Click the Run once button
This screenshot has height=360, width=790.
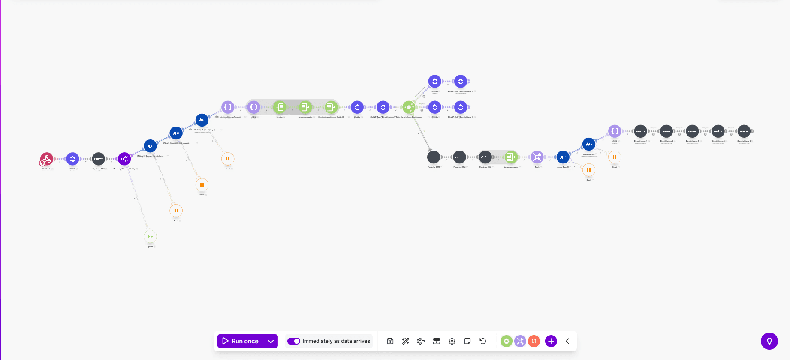point(241,341)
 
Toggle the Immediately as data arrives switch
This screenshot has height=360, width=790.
point(294,341)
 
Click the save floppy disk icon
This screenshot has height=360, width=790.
point(390,341)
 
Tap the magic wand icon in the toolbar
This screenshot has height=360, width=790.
point(406,341)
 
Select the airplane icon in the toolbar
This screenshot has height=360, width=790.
point(421,341)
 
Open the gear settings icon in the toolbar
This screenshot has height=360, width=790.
point(452,341)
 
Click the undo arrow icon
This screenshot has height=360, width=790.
point(483,341)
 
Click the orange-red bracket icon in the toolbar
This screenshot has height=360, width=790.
point(534,341)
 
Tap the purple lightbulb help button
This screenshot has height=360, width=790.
point(769,341)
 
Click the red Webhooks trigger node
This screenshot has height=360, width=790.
point(47,159)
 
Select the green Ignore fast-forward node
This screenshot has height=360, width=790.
point(150,236)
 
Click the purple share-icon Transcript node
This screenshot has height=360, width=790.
point(124,159)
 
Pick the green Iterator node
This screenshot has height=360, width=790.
point(280,107)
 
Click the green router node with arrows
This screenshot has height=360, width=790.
point(409,107)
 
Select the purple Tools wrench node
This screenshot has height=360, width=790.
point(537,157)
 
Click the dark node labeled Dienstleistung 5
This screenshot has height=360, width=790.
point(744,131)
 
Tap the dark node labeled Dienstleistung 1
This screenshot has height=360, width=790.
point(640,131)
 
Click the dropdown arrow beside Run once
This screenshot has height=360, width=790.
point(271,341)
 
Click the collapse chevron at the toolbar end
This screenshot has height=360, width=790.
point(567,341)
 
